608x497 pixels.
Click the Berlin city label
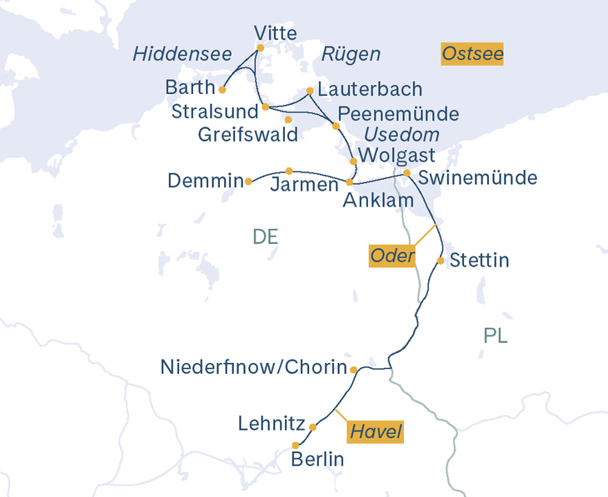[317, 459]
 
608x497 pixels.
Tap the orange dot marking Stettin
[441, 261]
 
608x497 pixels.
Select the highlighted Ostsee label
[473, 55]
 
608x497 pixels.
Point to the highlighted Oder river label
[392, 256]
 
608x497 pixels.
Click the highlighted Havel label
[375, 432]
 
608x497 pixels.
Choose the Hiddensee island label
[182, 55]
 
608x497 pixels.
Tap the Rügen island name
[351, 55]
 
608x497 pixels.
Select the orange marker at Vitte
[260, 47]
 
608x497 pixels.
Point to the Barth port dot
[222, 89]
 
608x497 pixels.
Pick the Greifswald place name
[248, 134]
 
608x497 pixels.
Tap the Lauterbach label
[370, 89]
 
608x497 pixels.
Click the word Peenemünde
[399, 113]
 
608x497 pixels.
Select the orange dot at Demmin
[248, 181]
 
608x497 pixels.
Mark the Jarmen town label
[304, 185]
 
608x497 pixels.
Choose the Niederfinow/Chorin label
[252, 367]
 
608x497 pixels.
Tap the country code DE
[265, 237]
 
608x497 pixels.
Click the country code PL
[496, 336]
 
